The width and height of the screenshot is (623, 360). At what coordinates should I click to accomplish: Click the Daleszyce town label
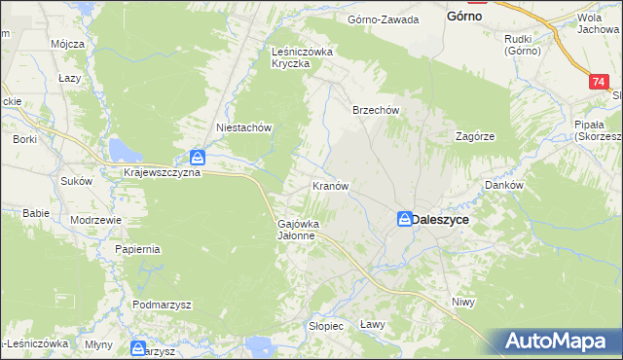(441, 220)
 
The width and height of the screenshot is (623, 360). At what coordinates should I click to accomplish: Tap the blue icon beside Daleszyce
(404, 220)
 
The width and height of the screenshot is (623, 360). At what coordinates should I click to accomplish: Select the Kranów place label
(330, 185)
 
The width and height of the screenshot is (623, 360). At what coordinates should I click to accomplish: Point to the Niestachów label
(242, 126)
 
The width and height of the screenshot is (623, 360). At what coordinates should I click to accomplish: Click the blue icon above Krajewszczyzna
(197, 157)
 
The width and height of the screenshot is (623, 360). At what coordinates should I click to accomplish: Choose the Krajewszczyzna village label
(163, 172)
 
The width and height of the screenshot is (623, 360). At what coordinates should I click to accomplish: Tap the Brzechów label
(376, 110)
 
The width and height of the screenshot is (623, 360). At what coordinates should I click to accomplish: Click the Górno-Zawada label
(384, 19)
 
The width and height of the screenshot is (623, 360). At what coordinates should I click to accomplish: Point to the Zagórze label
(476, 136)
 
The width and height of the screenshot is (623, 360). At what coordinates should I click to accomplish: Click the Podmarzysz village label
(163, 305)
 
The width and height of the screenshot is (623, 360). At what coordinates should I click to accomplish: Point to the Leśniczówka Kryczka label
(303, 57)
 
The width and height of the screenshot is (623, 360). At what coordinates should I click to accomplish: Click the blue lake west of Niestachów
(122, 149)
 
